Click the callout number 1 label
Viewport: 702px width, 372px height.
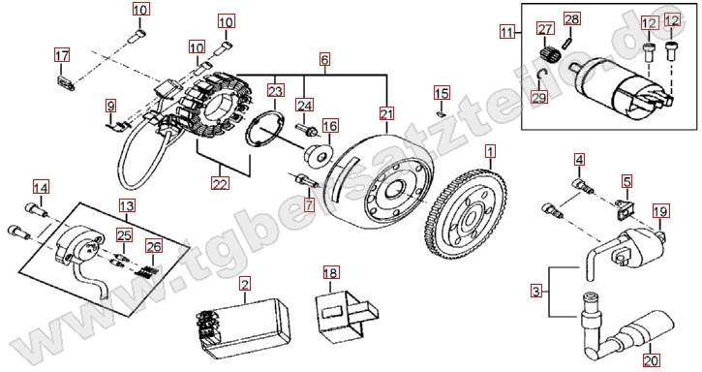pyautogui.click(x=491, y=151)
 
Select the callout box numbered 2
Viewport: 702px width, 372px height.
pyautogui.click(x=245, y=284)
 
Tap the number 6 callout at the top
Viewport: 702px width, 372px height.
pyautogui.click(x=325, y=59)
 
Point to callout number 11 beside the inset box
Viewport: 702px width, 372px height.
pyautogui.click(x=506, y=32)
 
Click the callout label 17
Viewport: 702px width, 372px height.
pyautogui.click(x=62, y=55)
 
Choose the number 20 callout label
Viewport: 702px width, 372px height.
pyautogui.click(x=651, y=360)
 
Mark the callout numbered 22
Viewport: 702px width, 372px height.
pyautogui.click(x=220, y=183)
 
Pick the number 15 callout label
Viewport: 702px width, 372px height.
pyautogui.click(x=442, y=93)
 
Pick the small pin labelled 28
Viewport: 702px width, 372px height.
pyautogui.click(x=567, y=42)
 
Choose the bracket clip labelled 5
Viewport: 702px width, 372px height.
pyautogui.click(x=625, y=208)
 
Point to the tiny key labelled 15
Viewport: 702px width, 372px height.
pyautogui.click(x=441, y=114)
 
